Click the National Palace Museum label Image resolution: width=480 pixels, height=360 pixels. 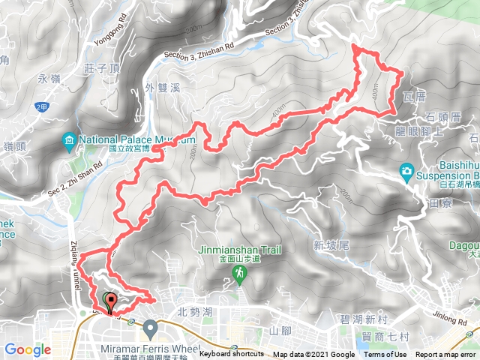[135, 139]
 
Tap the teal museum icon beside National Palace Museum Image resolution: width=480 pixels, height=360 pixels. [69, 140]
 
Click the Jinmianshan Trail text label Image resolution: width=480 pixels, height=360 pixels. [238, 250]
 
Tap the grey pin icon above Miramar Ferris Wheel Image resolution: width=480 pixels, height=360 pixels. [150, 328]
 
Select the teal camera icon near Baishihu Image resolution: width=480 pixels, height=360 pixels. [406, 170]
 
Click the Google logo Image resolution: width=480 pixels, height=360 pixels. [28, 349]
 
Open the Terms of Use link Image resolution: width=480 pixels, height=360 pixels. [385, 355]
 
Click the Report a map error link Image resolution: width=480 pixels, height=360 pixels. [445, 355]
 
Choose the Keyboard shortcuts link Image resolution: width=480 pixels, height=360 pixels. [232, 355]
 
